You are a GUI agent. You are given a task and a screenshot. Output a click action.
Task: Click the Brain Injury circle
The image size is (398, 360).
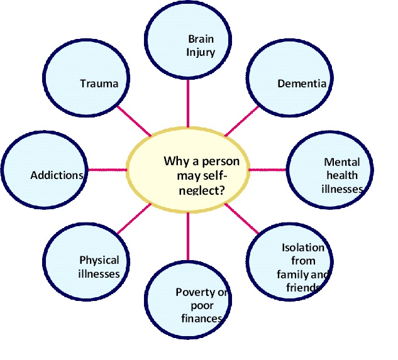coord(188,39)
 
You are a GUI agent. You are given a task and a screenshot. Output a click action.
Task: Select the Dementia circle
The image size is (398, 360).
coord(290,78)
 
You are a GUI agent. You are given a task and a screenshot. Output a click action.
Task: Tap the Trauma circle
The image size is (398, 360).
coord(86,78)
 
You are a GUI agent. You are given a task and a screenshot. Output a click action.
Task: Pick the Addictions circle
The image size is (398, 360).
coord(45,170)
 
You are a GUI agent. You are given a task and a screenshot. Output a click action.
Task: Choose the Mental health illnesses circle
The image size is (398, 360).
coord(329,170)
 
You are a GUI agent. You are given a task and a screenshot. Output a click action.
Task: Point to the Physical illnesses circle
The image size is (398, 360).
coord(86,261)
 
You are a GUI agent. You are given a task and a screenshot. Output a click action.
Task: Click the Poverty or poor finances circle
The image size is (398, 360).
coord(188,299)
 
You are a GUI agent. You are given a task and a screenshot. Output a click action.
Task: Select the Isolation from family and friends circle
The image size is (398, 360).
coord(290,261)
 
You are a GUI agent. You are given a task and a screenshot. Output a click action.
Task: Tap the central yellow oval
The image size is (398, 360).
coord(188,170)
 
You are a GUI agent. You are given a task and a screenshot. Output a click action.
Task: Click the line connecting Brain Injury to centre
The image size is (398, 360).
coord(188,104)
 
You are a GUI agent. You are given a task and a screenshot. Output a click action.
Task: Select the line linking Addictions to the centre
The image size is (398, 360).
coord(108,170)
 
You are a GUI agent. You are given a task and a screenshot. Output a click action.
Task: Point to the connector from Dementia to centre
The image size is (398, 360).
coord(241,121)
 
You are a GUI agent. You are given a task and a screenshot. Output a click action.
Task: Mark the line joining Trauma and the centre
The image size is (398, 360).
coord(134,121)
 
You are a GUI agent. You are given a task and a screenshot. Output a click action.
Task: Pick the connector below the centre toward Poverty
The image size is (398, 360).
coord(188,236)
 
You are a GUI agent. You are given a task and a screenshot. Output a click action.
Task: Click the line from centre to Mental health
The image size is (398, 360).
coord(268,170)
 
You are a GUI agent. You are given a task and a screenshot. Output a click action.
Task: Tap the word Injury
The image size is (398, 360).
coord(201,53)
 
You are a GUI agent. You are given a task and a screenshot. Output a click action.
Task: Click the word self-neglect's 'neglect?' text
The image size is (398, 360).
coord(202,190)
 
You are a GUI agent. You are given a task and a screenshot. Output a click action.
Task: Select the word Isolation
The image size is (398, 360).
coord(303,248)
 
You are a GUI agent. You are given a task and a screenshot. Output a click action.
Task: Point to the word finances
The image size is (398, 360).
coord(202,318)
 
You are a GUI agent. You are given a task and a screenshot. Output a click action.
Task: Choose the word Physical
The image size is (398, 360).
coord(99,261)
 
